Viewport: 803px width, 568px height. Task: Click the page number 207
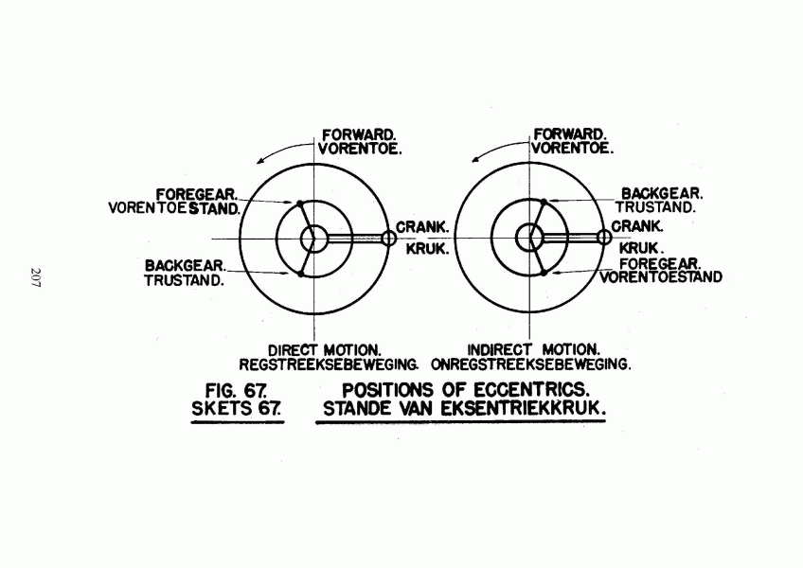[x=35, y=277]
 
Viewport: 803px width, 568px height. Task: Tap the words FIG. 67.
[x=236, y=391]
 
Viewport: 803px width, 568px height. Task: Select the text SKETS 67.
[x=237, y=409]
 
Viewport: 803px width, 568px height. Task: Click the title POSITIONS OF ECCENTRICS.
[x=466, y=390]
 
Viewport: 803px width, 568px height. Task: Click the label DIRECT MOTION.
[x=325, y=351]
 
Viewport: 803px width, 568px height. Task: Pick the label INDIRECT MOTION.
[x=534, y=350]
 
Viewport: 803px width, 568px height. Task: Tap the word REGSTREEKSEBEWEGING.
[x=329, y=364]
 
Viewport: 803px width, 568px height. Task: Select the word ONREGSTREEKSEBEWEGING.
[x=531, y=364]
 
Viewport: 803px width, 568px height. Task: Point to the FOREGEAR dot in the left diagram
[x=300, y=204]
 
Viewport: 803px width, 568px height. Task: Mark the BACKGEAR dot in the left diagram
[x=300, y=274]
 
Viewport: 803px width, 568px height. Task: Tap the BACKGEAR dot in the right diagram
[x=544, y=202]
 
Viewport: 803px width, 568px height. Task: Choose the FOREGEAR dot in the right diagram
[x=544, y=273]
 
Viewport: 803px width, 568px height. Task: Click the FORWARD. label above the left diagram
[x=359, y=135]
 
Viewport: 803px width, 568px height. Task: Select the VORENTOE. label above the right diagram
[x=572, y=149]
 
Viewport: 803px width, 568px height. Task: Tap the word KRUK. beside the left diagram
[x=428, y=249]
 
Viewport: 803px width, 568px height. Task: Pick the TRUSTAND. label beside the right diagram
[x=655, y=207]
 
